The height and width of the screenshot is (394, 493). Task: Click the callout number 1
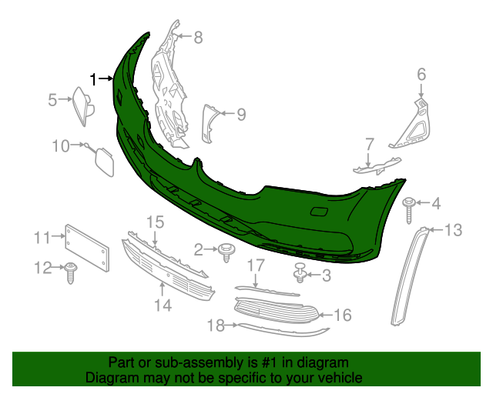tap(94, 78)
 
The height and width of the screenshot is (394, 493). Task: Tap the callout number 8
tap(198, 37)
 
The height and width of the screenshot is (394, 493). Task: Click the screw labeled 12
tap(71, 271)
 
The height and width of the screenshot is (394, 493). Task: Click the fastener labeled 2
tap(227, 251)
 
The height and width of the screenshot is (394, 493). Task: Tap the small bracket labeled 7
tap(377, 166)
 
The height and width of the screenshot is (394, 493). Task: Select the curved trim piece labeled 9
tap(208, 119)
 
